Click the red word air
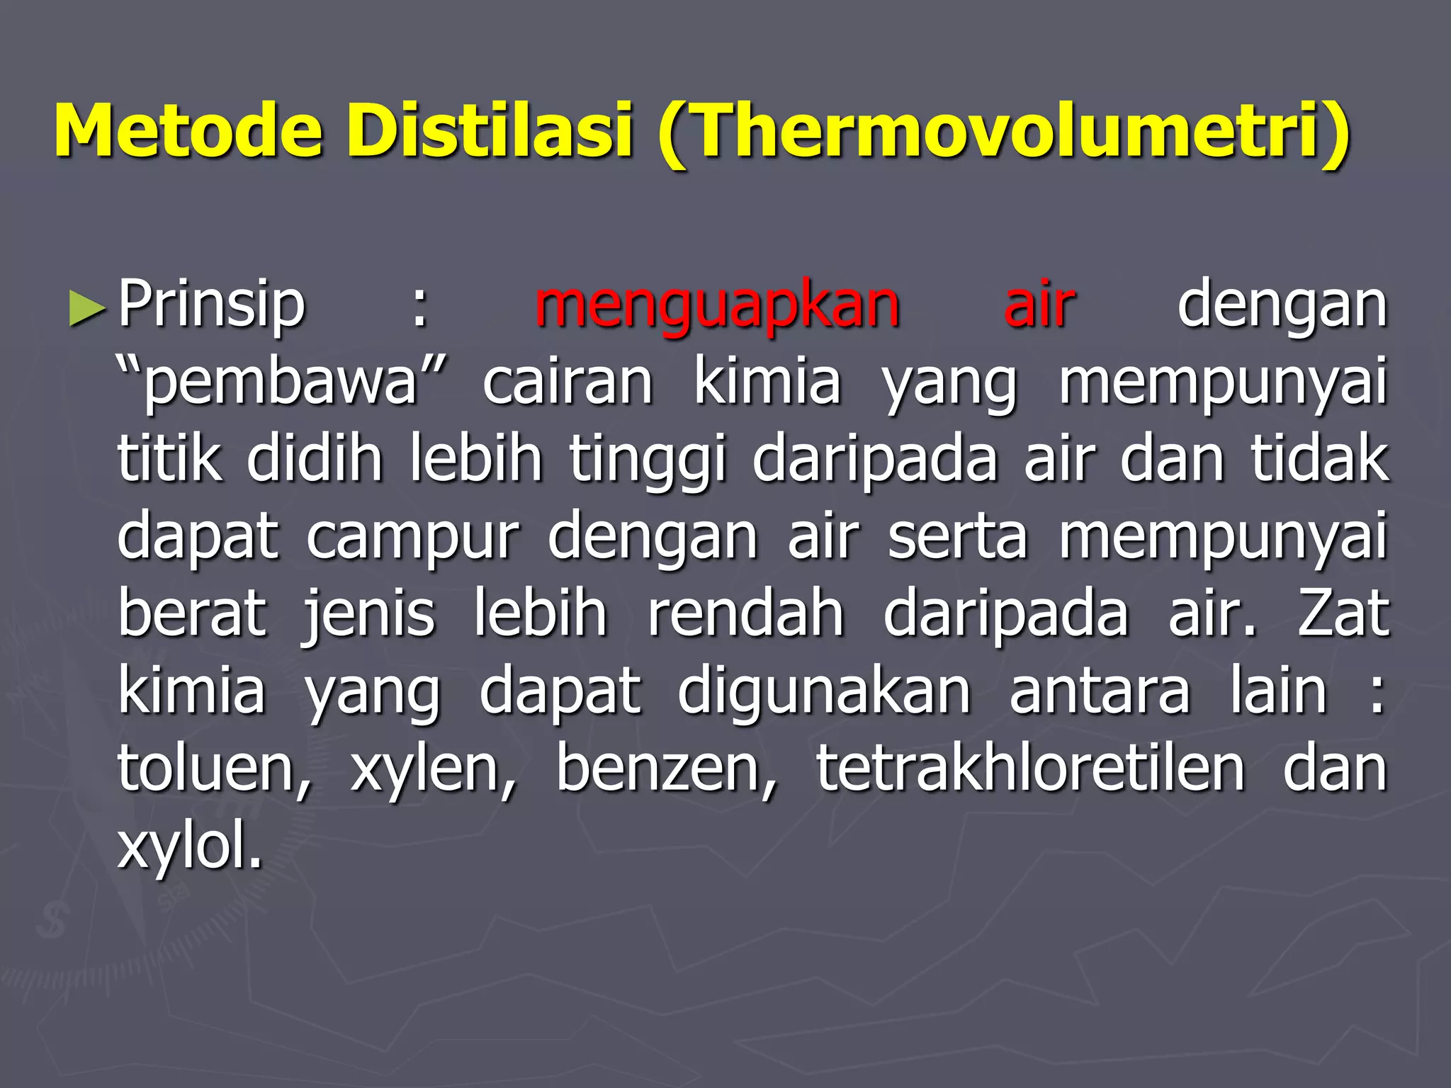(x=1039, y=305)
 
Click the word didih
(x=315, y=459)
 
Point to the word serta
(x=957, y=537)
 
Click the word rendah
(x=745, y=613)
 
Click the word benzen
(x=666, y=769)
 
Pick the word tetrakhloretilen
(x=1030, y=769)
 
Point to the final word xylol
(x=189, y=846)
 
